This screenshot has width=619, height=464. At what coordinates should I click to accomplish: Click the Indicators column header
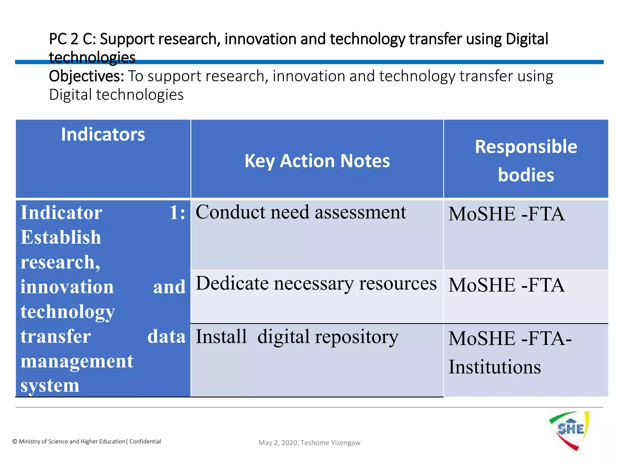click(103, 135)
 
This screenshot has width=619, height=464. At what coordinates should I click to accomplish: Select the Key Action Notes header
click(317, 161)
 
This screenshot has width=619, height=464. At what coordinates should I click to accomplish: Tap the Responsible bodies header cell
click(526, 160)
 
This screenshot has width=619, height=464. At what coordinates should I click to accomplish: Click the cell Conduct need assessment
click(301, 212)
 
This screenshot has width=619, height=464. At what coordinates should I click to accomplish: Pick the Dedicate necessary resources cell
click(316, 284)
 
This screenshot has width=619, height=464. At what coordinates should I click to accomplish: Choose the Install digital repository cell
click(297, 337)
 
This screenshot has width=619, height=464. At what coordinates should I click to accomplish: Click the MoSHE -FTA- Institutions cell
click(510, 352)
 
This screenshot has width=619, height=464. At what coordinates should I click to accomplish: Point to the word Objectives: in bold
click(86, 76)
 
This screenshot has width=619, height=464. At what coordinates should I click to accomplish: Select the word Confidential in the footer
click(145, 442)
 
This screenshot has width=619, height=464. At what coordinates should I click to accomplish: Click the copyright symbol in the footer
click(15, 442)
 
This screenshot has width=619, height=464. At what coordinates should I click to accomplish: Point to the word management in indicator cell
click(77, 361)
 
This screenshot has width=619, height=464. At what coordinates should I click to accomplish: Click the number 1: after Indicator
click(177, 213)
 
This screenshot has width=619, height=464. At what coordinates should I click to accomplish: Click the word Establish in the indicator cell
click(60, 237)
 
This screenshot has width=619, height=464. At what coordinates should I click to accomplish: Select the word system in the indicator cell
click(50, 386)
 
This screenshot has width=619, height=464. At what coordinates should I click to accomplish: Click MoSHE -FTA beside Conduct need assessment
click(506, 214)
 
